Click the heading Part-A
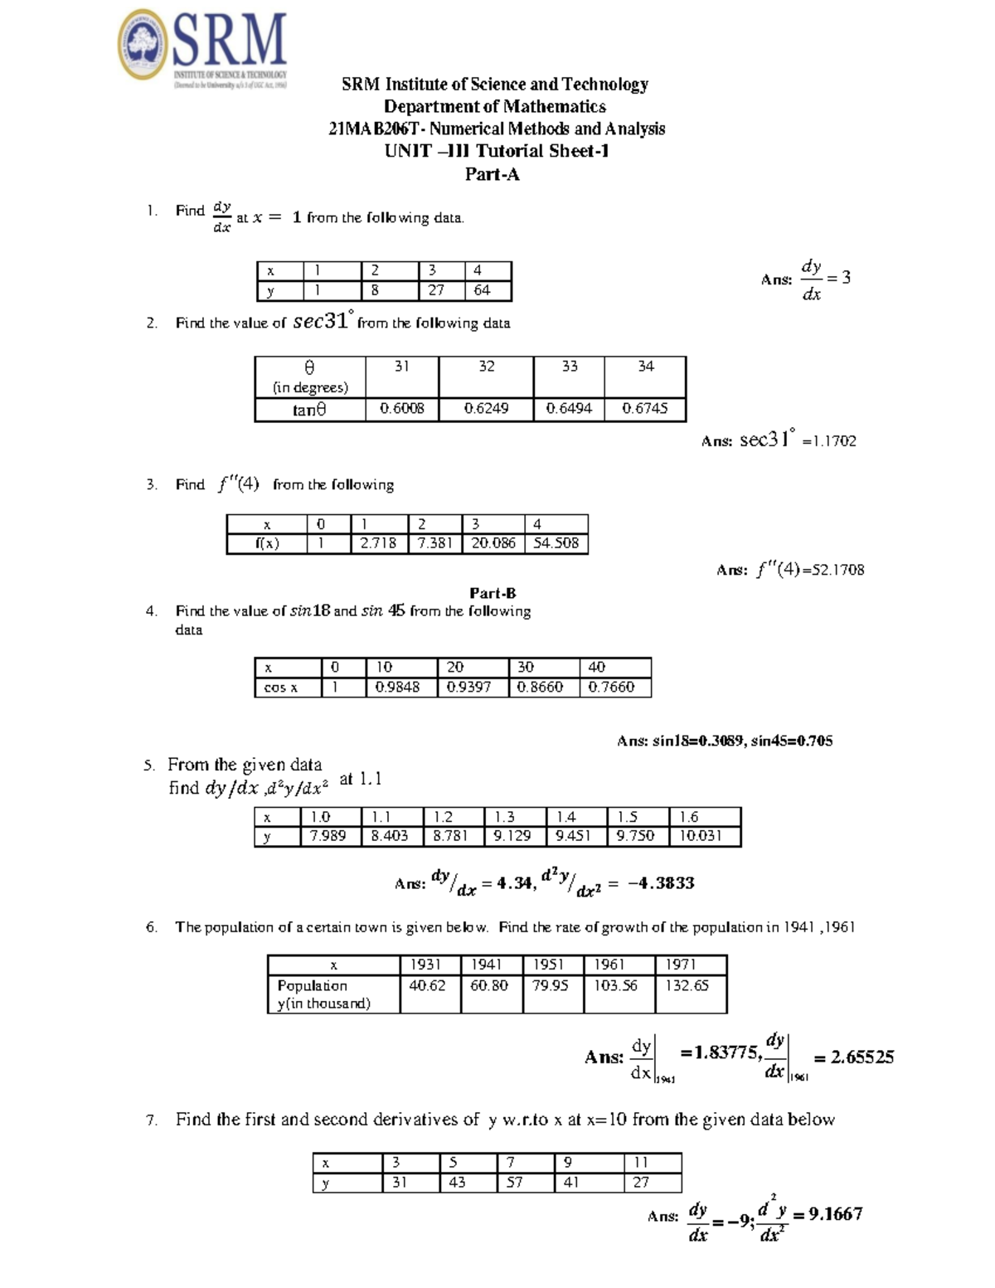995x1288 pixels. click(493, 174)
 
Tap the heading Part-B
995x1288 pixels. click(493, 593)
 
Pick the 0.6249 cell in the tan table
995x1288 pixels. click(486, 409)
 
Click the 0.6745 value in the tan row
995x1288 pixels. click(644, 409)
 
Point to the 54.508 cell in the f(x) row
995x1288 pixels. click(556, 543)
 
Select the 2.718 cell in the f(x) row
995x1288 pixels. click(378, 543)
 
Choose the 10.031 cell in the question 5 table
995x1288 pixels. click(701, 836)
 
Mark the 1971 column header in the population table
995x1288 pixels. click(681, 965)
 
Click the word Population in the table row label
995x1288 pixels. click(312, 985)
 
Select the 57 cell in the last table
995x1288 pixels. click(514, 1183)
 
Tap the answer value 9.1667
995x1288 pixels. click(836, 1214)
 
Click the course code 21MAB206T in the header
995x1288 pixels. click(376, 129)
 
